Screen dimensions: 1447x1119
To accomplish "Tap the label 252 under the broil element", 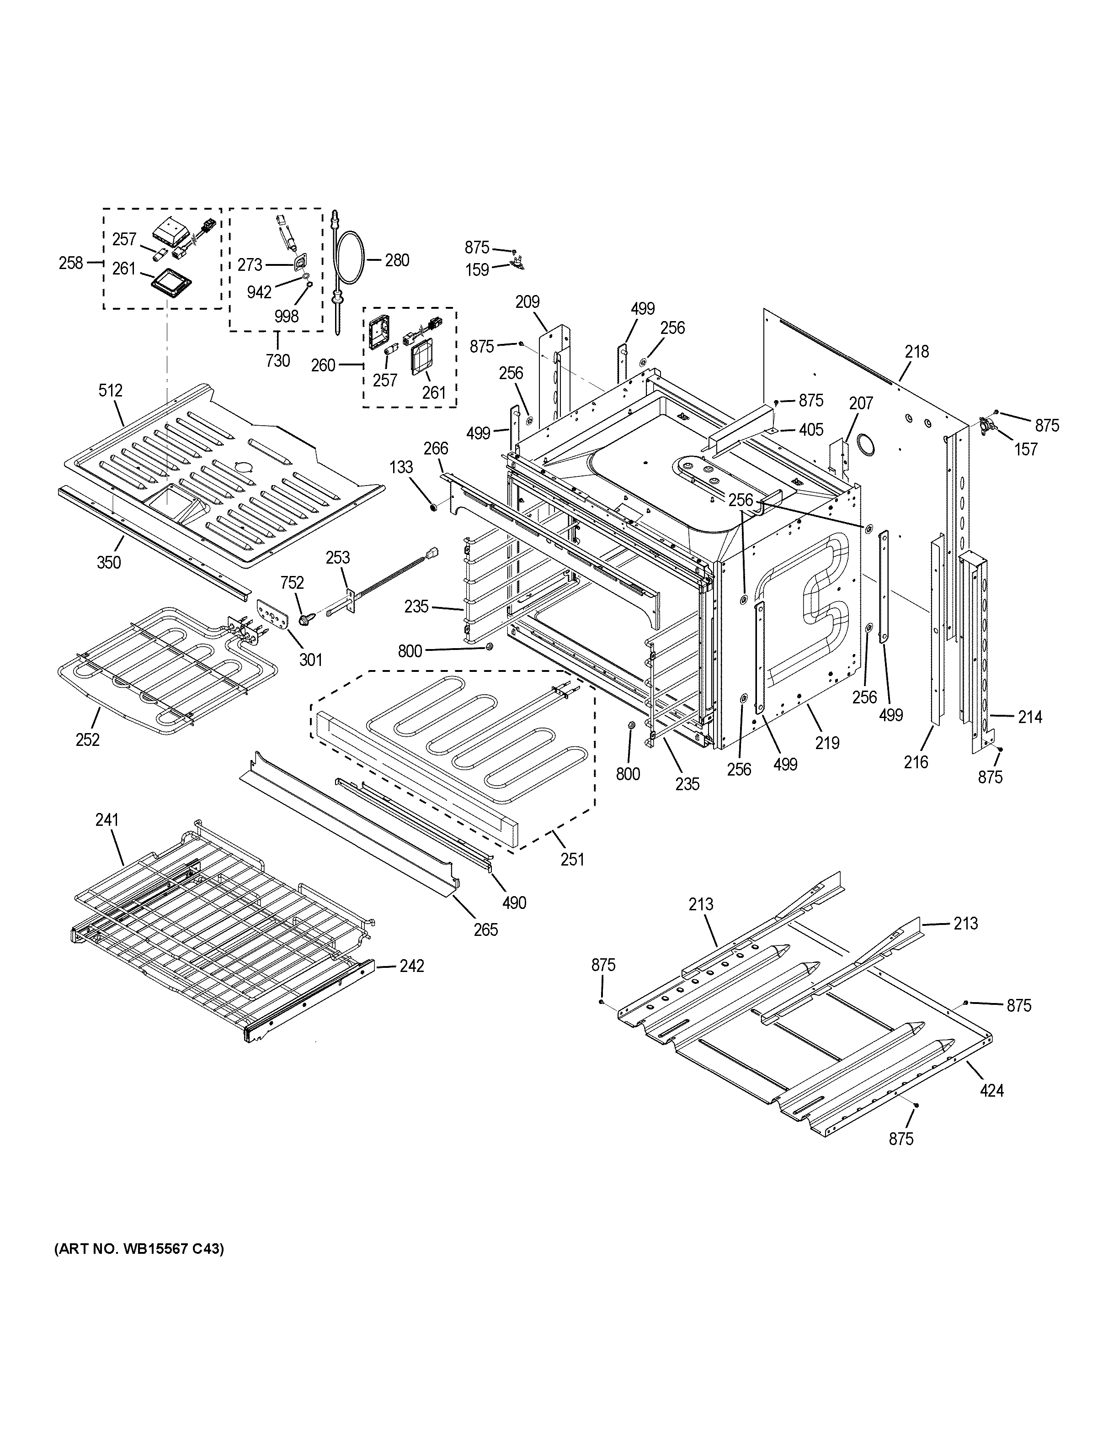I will point(87,739).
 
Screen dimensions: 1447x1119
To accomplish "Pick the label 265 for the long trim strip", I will point(485,929).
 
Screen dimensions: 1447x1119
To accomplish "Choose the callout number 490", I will point(514,903).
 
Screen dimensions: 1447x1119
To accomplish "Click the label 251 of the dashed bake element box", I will point(572,859).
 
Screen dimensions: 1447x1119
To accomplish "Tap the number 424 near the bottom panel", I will point(992,1090).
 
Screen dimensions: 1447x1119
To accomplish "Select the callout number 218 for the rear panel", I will point(917,352).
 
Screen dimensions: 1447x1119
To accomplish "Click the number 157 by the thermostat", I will point(1026,449).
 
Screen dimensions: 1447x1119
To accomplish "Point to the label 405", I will point(811,430).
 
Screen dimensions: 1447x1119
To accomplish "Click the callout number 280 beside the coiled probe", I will point(397,260).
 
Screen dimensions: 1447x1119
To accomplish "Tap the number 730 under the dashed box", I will point(278,360).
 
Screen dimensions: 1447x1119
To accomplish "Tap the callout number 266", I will point(436,449).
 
